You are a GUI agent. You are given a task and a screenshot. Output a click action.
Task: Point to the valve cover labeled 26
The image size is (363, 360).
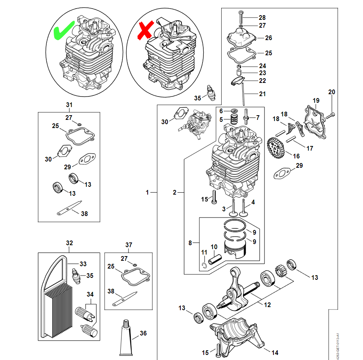[x=241, y=39]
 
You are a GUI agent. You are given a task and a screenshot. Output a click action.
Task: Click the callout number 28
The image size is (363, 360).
[x=262, y=18]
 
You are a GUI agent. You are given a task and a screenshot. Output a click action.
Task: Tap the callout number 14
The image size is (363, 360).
[x=275, y=353]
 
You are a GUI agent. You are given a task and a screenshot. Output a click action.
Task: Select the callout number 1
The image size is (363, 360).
[x=148, y=192]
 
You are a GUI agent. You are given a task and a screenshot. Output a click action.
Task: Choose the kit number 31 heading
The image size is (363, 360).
[x=69, y=105]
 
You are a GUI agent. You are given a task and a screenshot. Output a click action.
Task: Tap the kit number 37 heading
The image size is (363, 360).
[x=129, y=245]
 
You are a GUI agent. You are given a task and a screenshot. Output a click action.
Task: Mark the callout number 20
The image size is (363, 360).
[x=331, y=92]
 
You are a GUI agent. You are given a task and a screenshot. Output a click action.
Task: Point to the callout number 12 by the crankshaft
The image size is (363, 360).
[x=267, y=305]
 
